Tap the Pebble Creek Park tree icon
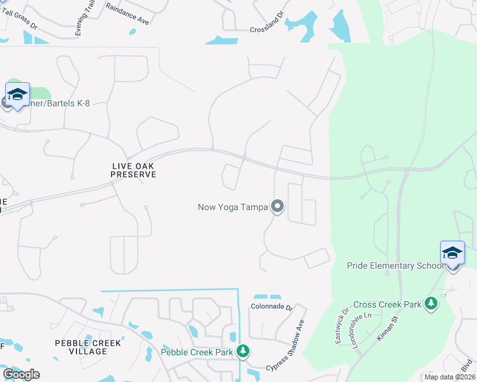pyautogui.click(x=242, y=351)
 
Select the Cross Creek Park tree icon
pyautogui.click(x=432, y=304)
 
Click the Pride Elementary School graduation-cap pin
pyautogui.click(x=452, y=254)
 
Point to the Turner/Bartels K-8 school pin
pyautogui.click(x=17, y=95)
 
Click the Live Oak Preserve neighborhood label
pyautogui.click(x=133, y=169)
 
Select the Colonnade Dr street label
pyautogui.click(x=271, y=307)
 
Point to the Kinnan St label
pyautogui.click(x=387, y=329)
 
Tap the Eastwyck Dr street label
pyautogui.click(x=341, y=327)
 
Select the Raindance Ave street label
pyautogui.click(x=128, y=14)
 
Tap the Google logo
pyautogui.click(x=21, y=374)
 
